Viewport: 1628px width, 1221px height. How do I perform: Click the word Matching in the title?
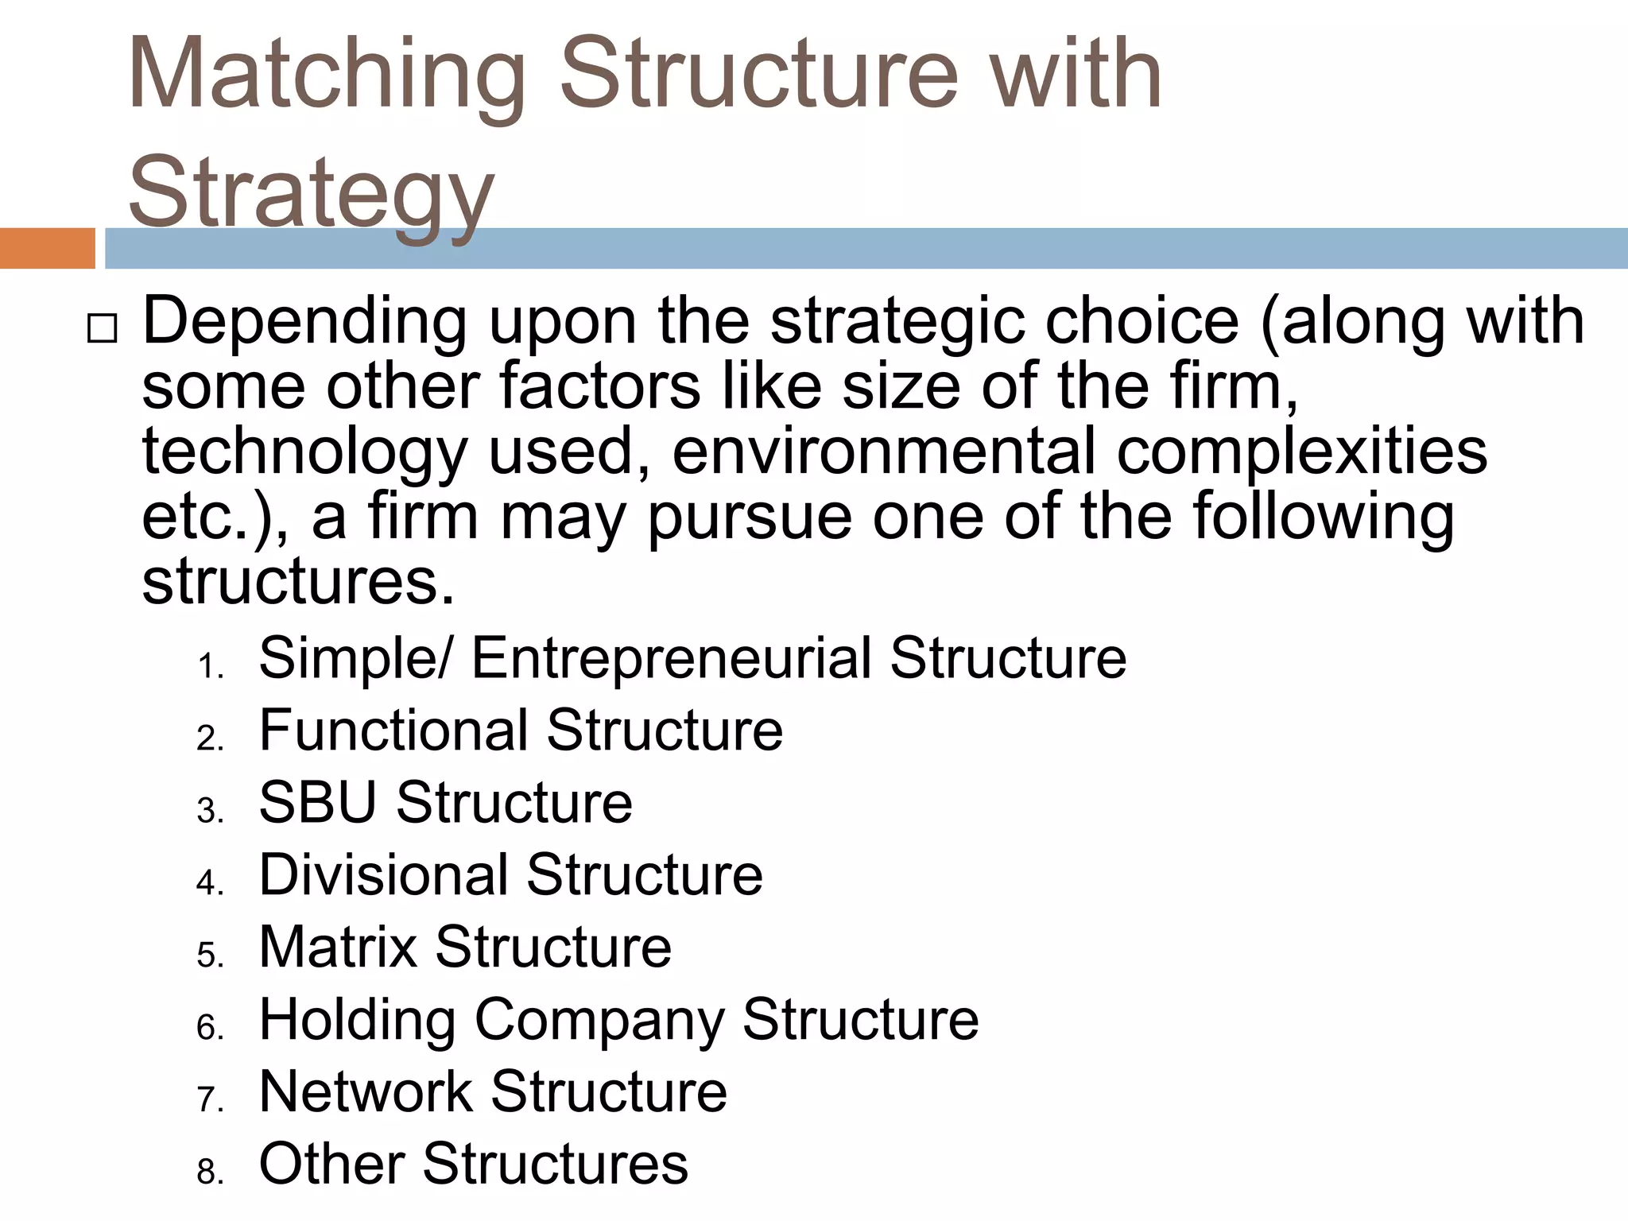(x=326, y=76)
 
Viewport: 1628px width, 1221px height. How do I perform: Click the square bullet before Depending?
(x=101, y=328)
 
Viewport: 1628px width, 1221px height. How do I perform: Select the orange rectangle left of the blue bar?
(x=47, y=248)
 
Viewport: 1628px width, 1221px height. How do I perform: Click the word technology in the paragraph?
(x=304, y=452)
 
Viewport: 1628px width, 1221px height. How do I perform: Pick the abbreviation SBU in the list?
(x=318, y=802)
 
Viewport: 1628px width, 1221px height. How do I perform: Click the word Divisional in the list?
(x=383, y=874)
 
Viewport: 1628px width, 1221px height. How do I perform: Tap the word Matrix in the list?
(x=338, y=947)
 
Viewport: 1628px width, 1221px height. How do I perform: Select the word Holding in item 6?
(x=357, y=1020)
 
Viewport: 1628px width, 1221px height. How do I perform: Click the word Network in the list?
(x=366, y=1091)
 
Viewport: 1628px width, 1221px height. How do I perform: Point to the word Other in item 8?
(x=331, y=1164)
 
